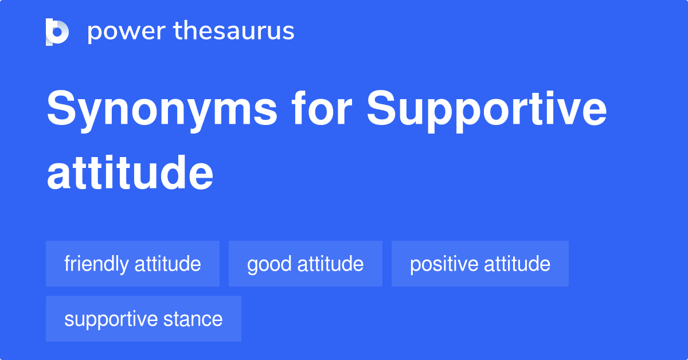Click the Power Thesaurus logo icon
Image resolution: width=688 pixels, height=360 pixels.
(57, 32)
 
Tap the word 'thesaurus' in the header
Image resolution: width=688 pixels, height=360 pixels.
(234, 32)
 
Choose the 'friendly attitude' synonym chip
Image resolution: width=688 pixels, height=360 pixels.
(132, 264)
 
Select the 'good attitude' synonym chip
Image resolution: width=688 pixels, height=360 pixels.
(305, 264)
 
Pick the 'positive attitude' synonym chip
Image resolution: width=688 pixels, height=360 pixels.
(480, 264)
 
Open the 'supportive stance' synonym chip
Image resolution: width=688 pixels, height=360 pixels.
(143, 319)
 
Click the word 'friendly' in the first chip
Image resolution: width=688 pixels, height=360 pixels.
(96, 264)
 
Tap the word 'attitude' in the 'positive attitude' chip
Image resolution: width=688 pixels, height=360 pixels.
(517, 264)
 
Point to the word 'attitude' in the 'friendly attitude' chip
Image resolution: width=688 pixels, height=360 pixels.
(167, 264)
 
